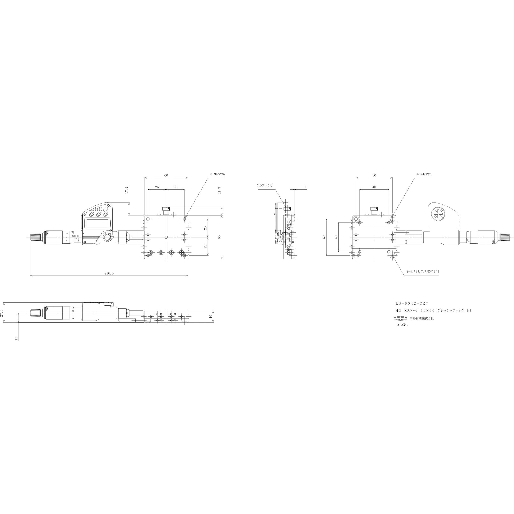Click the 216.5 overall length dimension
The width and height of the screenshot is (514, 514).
[x=109, y=273]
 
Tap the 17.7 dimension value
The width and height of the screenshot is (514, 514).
[x=127, y=190]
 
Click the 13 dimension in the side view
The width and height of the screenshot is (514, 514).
[x=16, y=338]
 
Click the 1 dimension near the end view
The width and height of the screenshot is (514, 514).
[x=306, y=187]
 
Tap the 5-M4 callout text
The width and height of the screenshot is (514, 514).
[x=217, y=174]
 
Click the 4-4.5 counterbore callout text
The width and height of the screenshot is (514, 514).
[x=423, y=272]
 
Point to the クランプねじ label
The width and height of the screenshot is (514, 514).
[x=265, y=185]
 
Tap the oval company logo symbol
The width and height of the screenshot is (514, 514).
[x=400, y=318]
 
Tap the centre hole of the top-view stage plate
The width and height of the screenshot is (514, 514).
[x=166, y=237]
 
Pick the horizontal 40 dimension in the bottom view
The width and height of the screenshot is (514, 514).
[x=374, y=187]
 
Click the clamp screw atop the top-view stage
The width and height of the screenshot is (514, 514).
[x=166, y=212]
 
